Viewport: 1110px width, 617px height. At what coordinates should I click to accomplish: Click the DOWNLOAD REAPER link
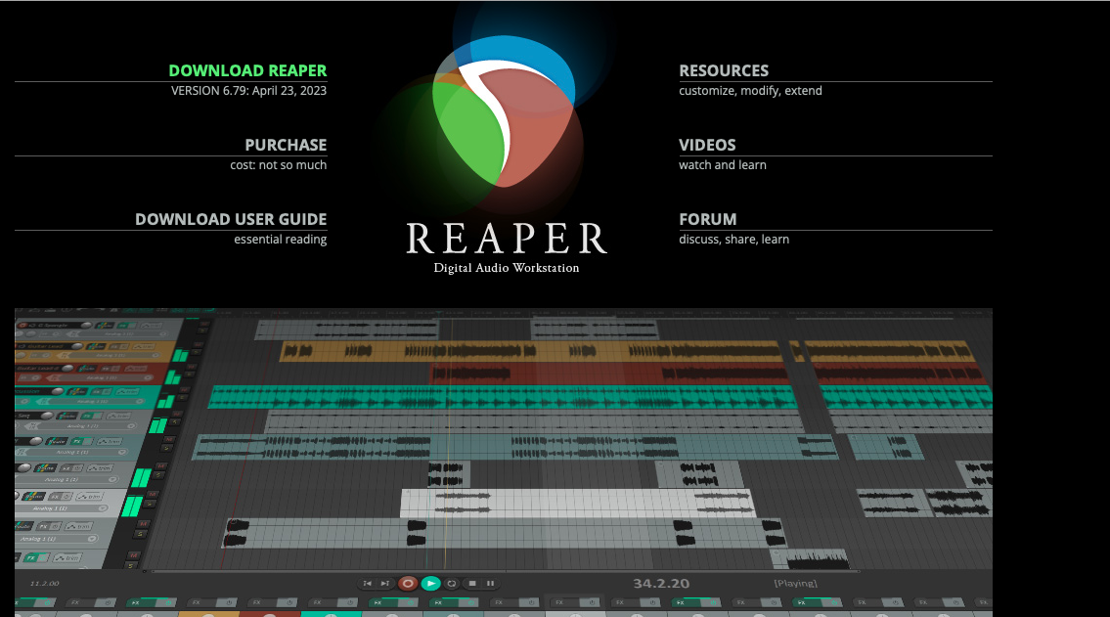click(x=247, y=70)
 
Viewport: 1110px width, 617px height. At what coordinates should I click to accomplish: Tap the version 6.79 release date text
click(x=248, y=91)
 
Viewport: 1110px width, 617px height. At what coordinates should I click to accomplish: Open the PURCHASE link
click(x=286, y=145)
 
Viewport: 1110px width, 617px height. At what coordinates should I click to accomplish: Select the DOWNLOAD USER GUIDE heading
click(x=231, y=219)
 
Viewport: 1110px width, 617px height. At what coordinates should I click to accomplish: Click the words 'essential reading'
click(x=280, y=240)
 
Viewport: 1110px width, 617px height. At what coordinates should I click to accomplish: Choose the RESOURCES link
click(x=724, y=70)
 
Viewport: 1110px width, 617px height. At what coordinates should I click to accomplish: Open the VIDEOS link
click(x=707, y=145)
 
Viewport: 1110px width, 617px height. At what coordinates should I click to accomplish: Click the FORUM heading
click(x=708, y=219)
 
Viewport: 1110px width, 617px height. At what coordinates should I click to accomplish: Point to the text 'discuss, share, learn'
click(x=733, y=240)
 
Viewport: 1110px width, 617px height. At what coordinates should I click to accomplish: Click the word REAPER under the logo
click(x=507, y=239)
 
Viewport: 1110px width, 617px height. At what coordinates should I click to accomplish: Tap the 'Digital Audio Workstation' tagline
click(x=507, y=268)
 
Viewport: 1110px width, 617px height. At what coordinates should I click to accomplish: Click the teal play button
click(x=431, y=584)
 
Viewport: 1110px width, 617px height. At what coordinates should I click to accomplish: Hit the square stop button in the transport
click(x=471, y=584)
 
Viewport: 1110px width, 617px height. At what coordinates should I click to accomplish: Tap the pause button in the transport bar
click(x=491, y=584)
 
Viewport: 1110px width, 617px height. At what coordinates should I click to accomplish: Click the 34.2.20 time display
click(x=661, y=584)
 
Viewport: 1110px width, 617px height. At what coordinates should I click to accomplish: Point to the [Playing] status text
click(x=795, y=584)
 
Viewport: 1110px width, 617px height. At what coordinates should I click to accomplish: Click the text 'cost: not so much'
click(x=278, y=165)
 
